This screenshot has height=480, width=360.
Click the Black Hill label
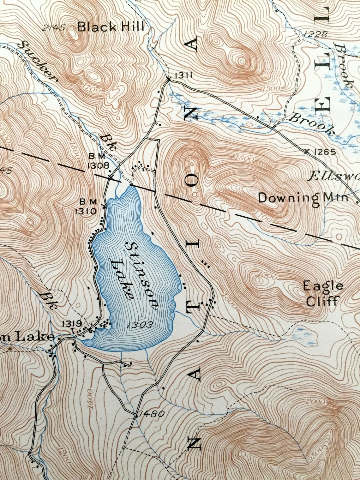pyautogui.click(x=111, y=27)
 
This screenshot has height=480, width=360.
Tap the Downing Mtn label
pyautogui.click(x=303, y=198)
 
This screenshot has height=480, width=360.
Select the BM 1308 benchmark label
pyautogui.click(x=99, y=161)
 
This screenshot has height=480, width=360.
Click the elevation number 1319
pyautogui.click(x=72, y=323)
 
